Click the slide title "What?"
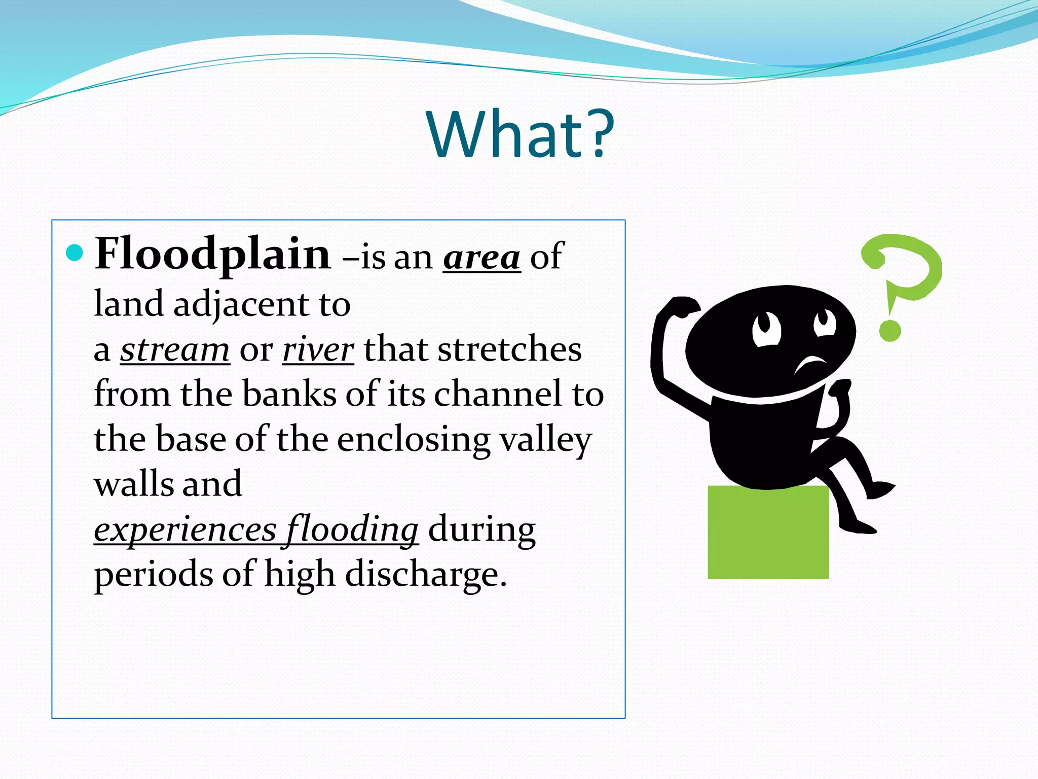pyautogui.click(x=521, y=135)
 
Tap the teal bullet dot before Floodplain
pyautogui.click(x=75, y=253)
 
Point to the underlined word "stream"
pyautogui.click(x=175, y=350)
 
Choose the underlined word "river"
pyautogui.click(x=318, y=350)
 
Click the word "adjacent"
pyautogui.click(x=241, y=305)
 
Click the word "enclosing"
pyautogui.click(x=413, y=439)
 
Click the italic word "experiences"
pyautogui.click(x=185, y=530)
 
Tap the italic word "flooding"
pyautogui.click(x=352, y=530)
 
